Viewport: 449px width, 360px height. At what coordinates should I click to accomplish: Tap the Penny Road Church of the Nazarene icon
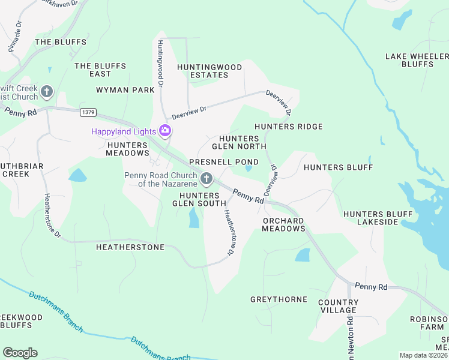coord(206,178)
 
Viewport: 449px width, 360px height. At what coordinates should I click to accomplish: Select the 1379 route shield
coord(88,112)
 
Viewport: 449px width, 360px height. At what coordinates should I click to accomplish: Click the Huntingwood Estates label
coord(209,71)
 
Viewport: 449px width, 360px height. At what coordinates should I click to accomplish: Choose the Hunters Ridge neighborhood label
coord(289,127)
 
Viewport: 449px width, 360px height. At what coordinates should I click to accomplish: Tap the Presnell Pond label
coord(224,162)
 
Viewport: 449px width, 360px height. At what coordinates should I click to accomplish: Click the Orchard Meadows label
coord(284,224)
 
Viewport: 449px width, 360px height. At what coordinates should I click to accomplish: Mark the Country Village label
coord(339,306)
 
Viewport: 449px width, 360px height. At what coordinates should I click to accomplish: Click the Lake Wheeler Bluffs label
coord(417,60)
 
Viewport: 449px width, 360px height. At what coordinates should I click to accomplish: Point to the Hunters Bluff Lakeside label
coord(378,218)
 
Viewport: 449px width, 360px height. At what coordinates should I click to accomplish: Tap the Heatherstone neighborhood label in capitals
coord(130,247)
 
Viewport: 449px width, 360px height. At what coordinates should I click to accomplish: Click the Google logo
coord(20,353)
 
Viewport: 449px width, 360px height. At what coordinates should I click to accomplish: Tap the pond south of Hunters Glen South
coord(194,218)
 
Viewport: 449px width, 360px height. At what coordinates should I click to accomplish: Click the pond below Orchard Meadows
coord(303,255)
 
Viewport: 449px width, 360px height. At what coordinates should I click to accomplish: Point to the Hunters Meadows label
coord(127,149)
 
